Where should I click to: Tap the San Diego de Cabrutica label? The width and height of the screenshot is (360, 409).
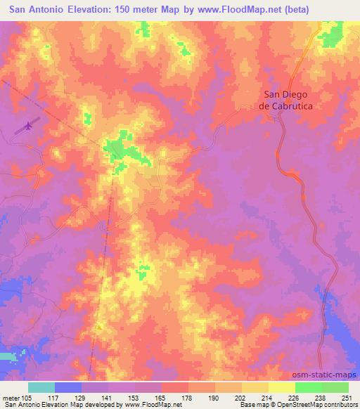click(286, 100)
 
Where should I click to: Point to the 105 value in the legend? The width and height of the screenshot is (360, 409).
click(27, 397)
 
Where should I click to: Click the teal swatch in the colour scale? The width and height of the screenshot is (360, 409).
click(41, 387)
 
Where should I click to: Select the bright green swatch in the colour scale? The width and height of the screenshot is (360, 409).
click(309, 387)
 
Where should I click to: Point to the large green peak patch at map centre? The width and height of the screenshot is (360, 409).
click(116, 150)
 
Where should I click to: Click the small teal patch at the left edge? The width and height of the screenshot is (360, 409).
click(6, 357)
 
